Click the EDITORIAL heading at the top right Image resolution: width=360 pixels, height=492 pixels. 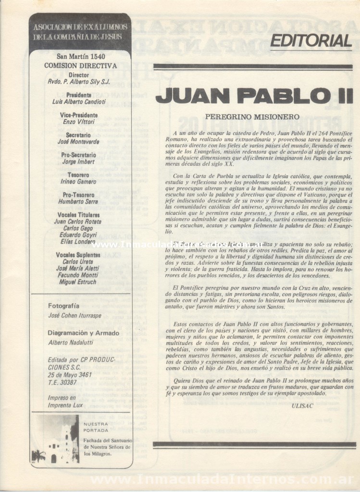tap(310, 41)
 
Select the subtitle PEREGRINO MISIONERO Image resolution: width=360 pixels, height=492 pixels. tap(252, 116)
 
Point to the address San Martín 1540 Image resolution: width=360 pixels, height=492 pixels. tap(80, 57)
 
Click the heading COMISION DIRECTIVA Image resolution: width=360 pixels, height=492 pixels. tap(80, 66)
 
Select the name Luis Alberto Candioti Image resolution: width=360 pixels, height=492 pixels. tap(79, 102)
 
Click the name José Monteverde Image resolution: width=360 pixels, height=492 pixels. tap(79, 142)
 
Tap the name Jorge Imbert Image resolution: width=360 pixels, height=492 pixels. tap(78, 162)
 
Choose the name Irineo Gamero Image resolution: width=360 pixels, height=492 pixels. tap(78, 182)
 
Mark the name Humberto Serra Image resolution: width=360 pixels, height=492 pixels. tap(78, 202)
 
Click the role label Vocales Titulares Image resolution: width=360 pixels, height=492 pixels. tap(79, 215)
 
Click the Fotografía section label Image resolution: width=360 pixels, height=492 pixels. tap(64, 306)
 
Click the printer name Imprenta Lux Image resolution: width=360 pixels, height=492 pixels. tap(65, 405)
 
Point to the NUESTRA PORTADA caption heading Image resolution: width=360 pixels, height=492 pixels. tap(96, 428)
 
